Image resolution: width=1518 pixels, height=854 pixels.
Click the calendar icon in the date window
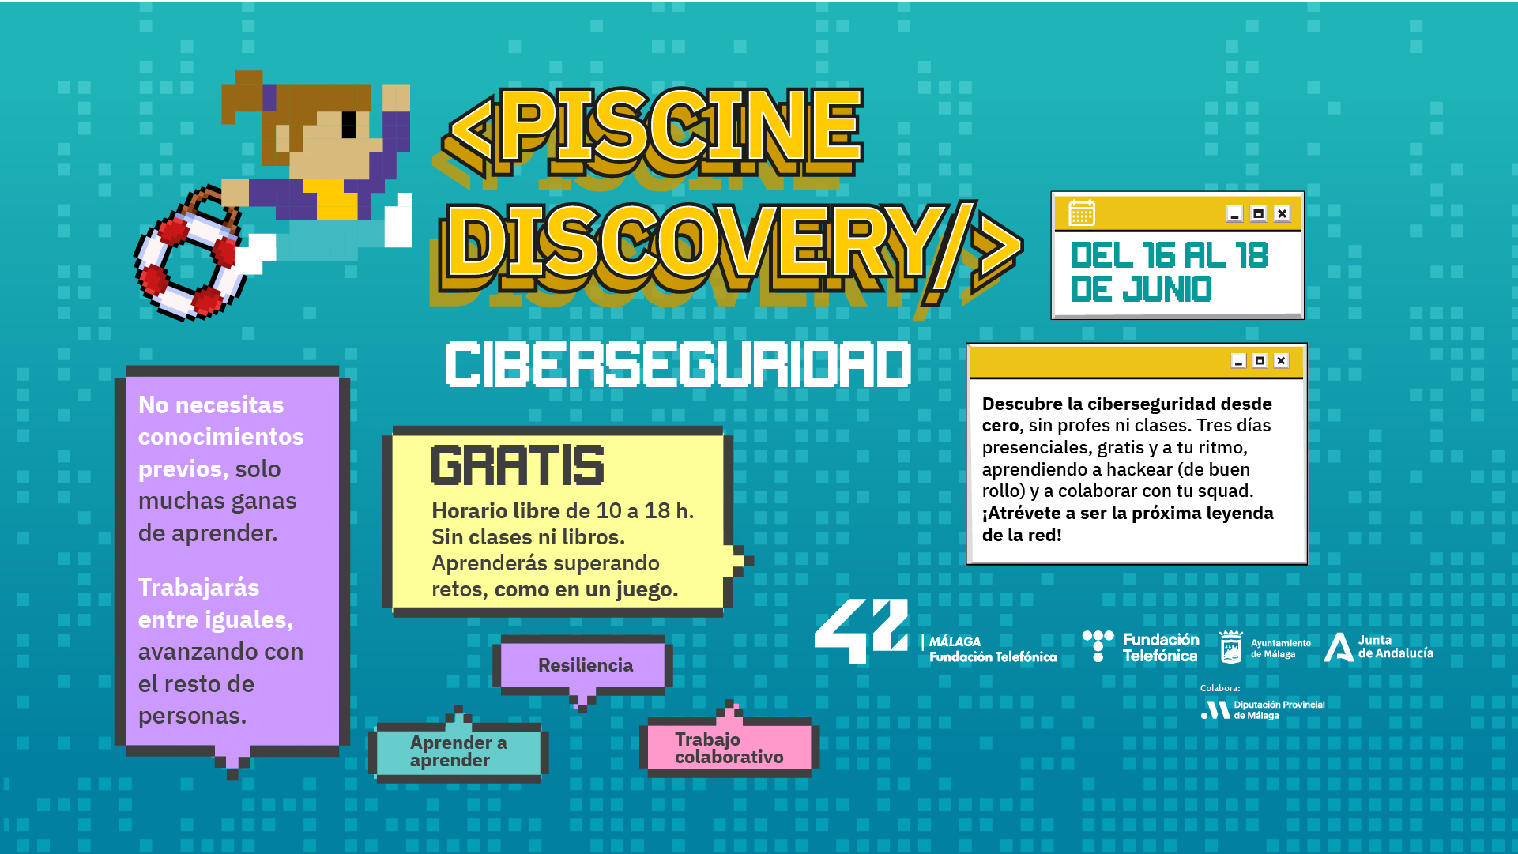point(1082,213)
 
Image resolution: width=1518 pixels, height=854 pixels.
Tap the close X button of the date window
point(1282,213)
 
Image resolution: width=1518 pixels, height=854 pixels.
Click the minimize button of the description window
point(1238,361)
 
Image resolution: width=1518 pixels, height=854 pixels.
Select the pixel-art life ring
point(189,255)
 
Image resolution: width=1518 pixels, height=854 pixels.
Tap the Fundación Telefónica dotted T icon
point(1098,645)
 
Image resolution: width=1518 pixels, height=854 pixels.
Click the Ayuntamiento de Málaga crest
point(1230,647)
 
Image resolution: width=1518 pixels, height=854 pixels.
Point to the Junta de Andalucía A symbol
point(1339,647)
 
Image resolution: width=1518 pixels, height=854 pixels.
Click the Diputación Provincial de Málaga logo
point(1263,709)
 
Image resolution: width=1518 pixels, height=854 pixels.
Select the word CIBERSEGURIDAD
point(678,364)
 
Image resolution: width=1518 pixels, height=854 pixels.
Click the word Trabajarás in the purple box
point(198,588)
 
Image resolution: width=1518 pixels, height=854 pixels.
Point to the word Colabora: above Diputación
point(1220,688)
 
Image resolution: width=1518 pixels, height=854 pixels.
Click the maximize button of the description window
point(1260,361)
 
